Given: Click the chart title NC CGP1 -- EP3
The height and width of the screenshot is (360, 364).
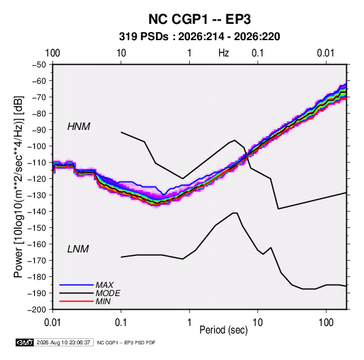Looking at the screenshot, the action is pos(199,19).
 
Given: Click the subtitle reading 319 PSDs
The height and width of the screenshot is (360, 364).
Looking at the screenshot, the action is pos(144,37).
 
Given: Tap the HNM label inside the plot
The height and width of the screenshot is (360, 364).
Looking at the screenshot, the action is pos(78,127).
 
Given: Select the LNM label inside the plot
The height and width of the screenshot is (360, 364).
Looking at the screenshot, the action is pos(78,249).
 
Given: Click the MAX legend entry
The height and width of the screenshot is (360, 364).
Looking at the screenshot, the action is pos(105,285).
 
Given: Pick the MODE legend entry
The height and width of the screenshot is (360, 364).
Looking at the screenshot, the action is pos(108,293).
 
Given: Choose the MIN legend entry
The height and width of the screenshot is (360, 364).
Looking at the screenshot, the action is pos(103,301).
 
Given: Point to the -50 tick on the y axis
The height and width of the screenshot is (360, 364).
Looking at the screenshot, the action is pos(39,65).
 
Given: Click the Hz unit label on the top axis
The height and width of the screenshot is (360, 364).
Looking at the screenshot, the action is pos(224,53).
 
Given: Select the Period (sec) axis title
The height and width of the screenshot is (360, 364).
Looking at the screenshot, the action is pos(224,330).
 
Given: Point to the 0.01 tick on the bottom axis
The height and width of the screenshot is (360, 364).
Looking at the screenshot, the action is pos(52,323).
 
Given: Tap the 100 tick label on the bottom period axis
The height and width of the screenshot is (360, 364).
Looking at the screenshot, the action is pos(326,323).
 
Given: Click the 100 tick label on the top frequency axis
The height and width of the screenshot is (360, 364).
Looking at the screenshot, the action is pos(52,53).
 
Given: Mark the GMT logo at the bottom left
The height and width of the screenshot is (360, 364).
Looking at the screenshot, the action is pos(24,342).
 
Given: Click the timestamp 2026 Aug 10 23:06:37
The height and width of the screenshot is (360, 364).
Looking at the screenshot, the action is pos(63,342).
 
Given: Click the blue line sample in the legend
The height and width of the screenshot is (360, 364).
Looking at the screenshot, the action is pos(76,285).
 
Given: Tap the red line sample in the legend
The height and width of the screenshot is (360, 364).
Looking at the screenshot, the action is pos(76,301).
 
